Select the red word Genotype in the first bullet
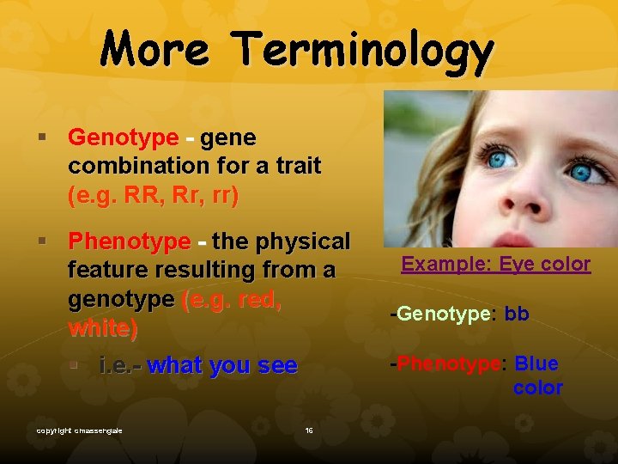[123, 137]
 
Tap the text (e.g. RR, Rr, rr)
[153, 194]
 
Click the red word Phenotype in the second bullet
[129, 241]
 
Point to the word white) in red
[102, 327]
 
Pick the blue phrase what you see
[222, 365]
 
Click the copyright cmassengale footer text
[79, 430]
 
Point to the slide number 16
[308, 430]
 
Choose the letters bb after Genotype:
[517, 314]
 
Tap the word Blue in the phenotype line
[536, 363]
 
